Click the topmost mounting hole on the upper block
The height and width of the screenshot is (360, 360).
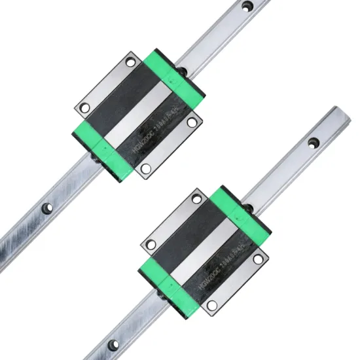pyautogui.click(x=130, y=63)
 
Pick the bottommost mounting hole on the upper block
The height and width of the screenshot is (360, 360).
pyautogui.click(x=145, y=168)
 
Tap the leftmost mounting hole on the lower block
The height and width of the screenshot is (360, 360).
pyautogui.click(x=151, y=244)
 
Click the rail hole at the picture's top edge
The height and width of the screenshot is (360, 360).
pyautogui.click(x=247, y=6)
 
